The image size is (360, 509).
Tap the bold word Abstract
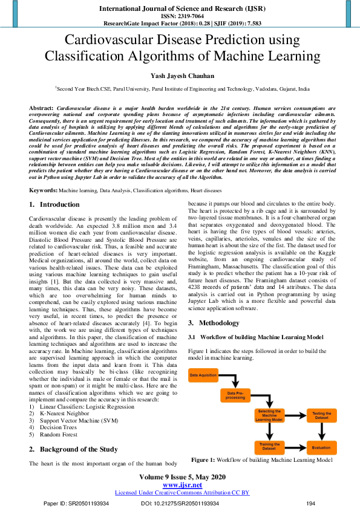tap(41, 107)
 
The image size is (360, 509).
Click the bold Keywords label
tap(43, 190)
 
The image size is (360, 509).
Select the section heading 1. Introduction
tap(54, 205)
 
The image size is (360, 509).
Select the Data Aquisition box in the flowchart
tap(204, 376)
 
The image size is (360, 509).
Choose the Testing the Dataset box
tap(321, 415)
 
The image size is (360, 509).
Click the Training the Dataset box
tap(270, 447)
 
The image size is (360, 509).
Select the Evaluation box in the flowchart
tap(321, 447)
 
